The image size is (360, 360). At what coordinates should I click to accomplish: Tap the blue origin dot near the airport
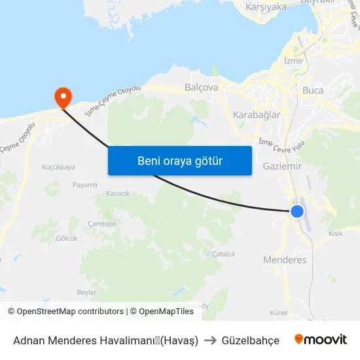[x=297, y=211]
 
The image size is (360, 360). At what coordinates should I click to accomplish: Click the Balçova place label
[x=201, y=86]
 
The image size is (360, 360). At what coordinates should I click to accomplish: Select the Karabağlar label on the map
[x=257, y=115]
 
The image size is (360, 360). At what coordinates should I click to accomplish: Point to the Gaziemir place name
[x=281, y=166]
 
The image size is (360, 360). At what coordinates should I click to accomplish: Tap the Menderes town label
[x=285, y=260]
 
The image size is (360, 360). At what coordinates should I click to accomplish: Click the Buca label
[x=313, y=90]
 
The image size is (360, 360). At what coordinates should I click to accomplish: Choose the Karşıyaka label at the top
[x=265, y=7]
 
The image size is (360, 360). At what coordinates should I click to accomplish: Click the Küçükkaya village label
[x=58, y=167]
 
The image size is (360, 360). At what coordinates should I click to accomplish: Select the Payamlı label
[x=84, y=185]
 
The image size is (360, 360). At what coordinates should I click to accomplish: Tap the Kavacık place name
[x=118, y=193]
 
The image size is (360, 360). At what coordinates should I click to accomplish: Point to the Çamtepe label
[x=101, y=224]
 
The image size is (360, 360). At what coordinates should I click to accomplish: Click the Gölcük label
[x=67, y=238]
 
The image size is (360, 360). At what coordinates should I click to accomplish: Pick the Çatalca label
[x=223, y=254]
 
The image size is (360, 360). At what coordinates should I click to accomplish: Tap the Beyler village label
[x=86, y=292]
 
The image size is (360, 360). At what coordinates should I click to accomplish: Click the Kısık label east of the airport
[x=336, y=234]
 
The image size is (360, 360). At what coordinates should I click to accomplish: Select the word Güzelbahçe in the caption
[x=251, y=340]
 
